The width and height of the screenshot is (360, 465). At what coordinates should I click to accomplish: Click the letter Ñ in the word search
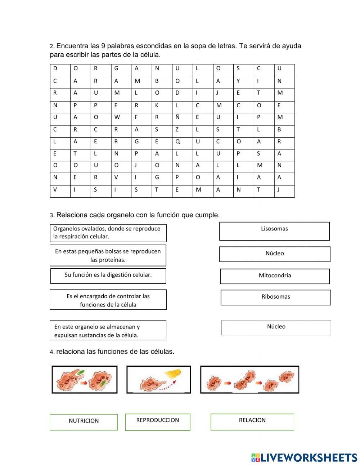click(177, 117)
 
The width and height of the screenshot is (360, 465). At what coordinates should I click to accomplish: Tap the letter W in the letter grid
click(116, 117)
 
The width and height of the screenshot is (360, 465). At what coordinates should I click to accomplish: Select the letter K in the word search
click(157, 105)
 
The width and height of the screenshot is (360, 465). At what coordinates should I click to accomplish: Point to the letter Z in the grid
click(177, 129)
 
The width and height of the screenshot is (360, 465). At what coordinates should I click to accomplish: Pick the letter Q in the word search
click(177, 142)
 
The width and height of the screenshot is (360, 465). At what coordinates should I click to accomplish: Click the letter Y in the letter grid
click(238, 81)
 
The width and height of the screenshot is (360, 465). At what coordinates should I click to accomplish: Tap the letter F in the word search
click(136, 117)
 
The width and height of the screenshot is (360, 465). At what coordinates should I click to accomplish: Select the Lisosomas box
click(274, 231)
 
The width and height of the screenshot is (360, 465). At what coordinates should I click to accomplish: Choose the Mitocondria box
click(275, 276)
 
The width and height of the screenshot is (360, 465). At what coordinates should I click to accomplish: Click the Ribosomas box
click(275, 298)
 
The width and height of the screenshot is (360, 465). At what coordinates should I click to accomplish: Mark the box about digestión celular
click(108, 276)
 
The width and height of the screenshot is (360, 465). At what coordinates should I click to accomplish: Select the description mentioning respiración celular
click(108, 233)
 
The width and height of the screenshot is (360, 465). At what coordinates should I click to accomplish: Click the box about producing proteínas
click(108, 255)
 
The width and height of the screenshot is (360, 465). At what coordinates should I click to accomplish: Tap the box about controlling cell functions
click(108, 300)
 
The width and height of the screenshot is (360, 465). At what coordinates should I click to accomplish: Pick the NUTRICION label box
click(84, 422)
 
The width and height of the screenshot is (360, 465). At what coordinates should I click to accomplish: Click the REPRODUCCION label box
click(157, 422)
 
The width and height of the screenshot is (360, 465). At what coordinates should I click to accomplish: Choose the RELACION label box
click(252, 422)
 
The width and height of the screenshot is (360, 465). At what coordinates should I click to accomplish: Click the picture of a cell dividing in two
click(249, 380)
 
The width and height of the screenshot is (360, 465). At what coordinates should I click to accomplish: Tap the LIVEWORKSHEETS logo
click(304, 457)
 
